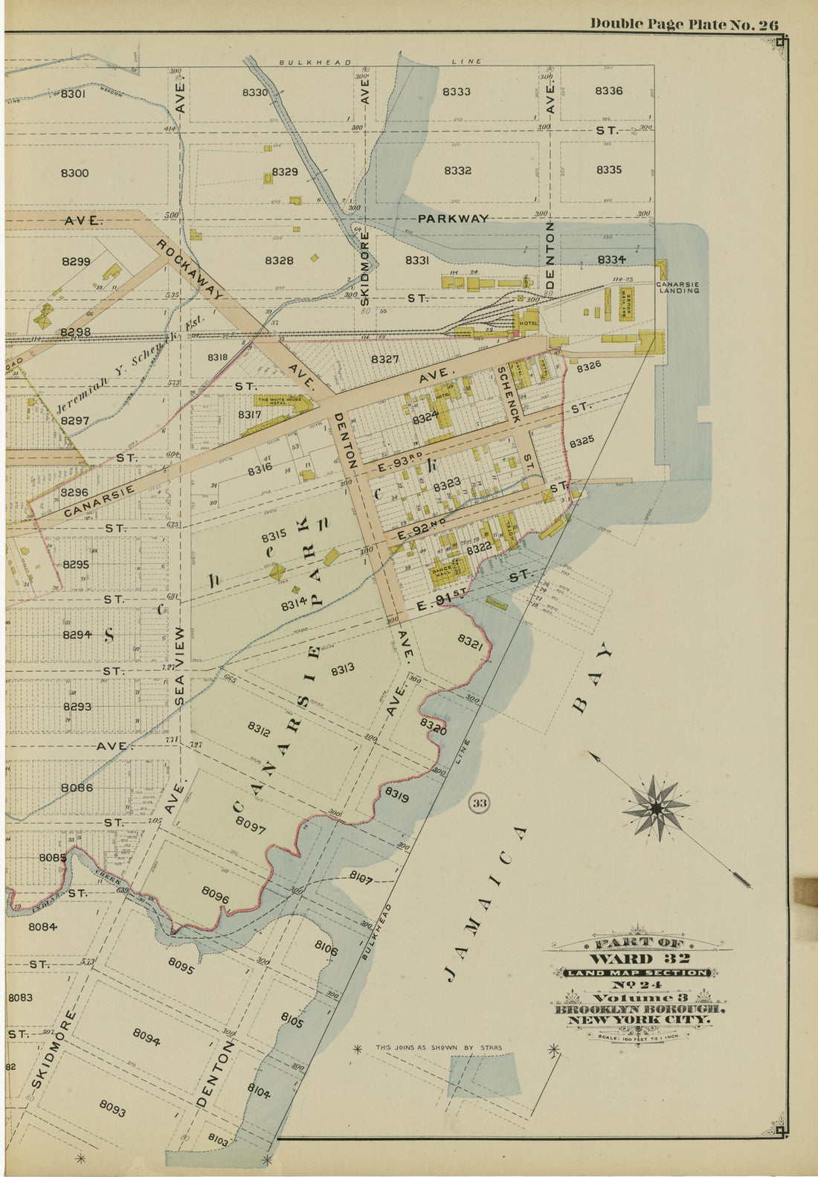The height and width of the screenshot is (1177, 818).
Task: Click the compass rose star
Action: [x=657, y=808]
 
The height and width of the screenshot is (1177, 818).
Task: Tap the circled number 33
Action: [x=480, y=803]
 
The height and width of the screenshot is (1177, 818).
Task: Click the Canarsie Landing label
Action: [x=677, y=287]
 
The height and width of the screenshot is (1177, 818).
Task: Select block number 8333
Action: [x=456, y=92]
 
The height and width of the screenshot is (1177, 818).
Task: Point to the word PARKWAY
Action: [x=453, y=219]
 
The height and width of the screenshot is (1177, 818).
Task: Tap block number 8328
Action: [x=278, y=260]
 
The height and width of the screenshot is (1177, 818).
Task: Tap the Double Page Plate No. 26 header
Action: [x=684, y=24]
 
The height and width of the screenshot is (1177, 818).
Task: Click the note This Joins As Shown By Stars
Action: [x=438, y=1048]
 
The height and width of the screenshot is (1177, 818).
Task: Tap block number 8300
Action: [x=74, y=173]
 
